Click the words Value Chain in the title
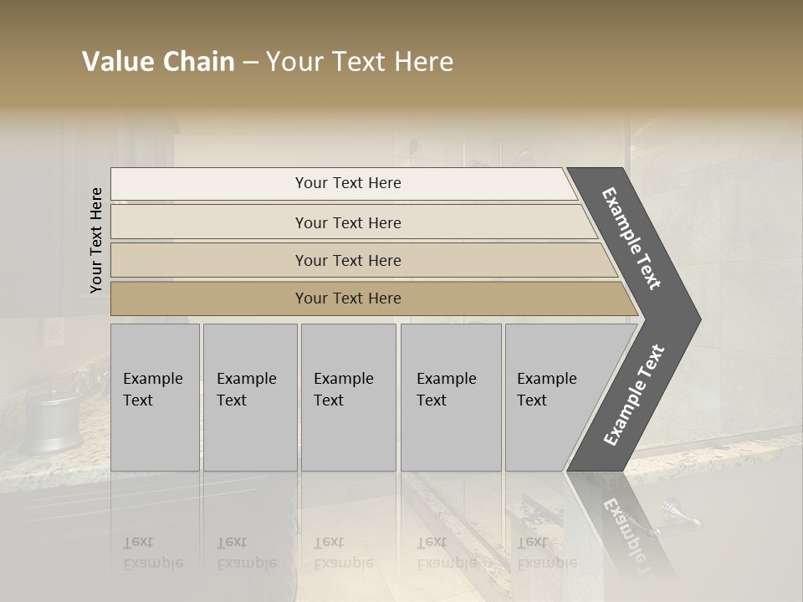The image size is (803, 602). [x=158, y=62]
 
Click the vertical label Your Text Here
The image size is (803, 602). [x=96, y=240]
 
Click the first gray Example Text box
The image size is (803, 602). [x=155, y=397]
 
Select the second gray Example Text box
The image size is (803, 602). [x=250, y=397]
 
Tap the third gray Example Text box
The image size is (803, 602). [x=348, y=397]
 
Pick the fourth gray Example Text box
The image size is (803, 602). [x=451, y=397]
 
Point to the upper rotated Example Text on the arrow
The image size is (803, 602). [x=632, y=238]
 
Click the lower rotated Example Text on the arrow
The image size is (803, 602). [x=633, y=395]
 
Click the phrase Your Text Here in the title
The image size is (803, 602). [x=360, y=62]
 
